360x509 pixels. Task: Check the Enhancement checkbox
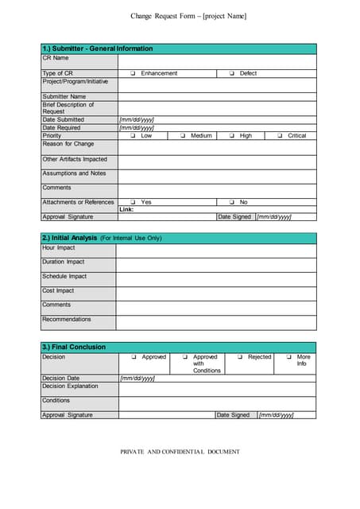(133, 73)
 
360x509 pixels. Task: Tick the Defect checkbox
(231, 73)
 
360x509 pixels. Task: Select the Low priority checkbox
(133, 136)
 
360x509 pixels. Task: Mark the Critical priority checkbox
(279, 136)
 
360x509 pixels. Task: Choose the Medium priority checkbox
(182, 136)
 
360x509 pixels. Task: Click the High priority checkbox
(231, 136)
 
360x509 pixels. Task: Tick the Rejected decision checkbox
(240, 357)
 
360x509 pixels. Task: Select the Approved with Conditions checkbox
(184, 357)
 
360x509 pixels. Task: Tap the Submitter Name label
(64, 96)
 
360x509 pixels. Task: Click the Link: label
(126, 209)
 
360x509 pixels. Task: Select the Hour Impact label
(59, 247)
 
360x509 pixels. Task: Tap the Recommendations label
(67, 320)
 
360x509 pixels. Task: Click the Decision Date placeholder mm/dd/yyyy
(137, 378)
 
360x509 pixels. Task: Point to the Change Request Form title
(188, 17)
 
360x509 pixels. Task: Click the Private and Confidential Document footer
(180, 452)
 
